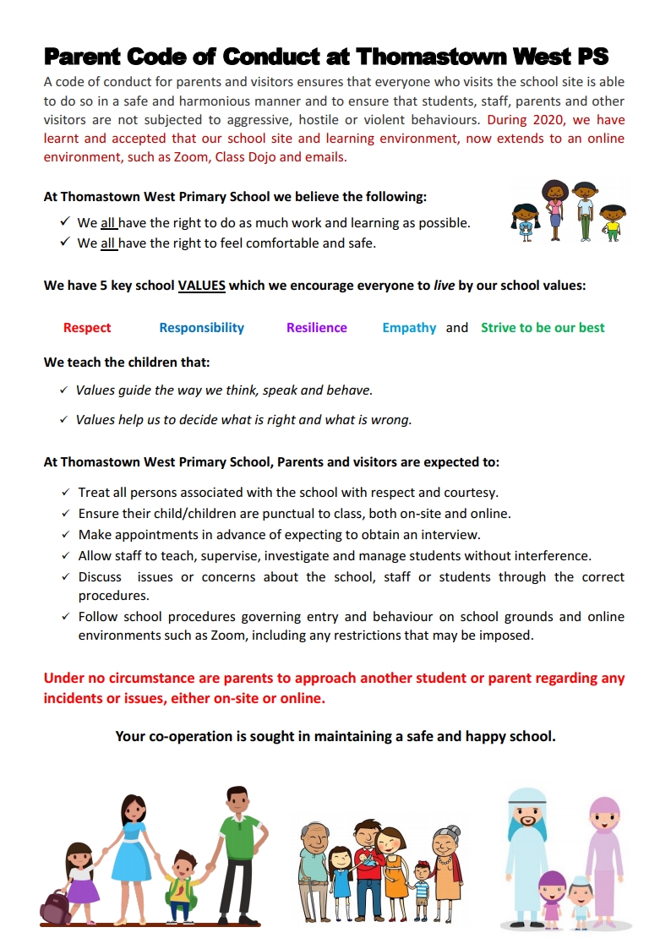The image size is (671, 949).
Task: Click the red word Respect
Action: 87,328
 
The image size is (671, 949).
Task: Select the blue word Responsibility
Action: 201,328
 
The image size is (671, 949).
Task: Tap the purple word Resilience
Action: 316,328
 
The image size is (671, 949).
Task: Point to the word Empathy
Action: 409,328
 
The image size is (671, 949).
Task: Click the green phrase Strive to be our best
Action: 543,328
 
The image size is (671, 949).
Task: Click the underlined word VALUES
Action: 201,286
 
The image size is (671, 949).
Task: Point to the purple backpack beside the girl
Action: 55,907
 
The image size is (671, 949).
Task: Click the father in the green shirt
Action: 239,854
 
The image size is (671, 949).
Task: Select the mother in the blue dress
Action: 133,854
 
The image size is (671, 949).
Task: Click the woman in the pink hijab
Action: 603,854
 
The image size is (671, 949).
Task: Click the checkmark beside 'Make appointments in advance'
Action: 66,535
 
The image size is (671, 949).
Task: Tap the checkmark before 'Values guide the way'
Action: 63,390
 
